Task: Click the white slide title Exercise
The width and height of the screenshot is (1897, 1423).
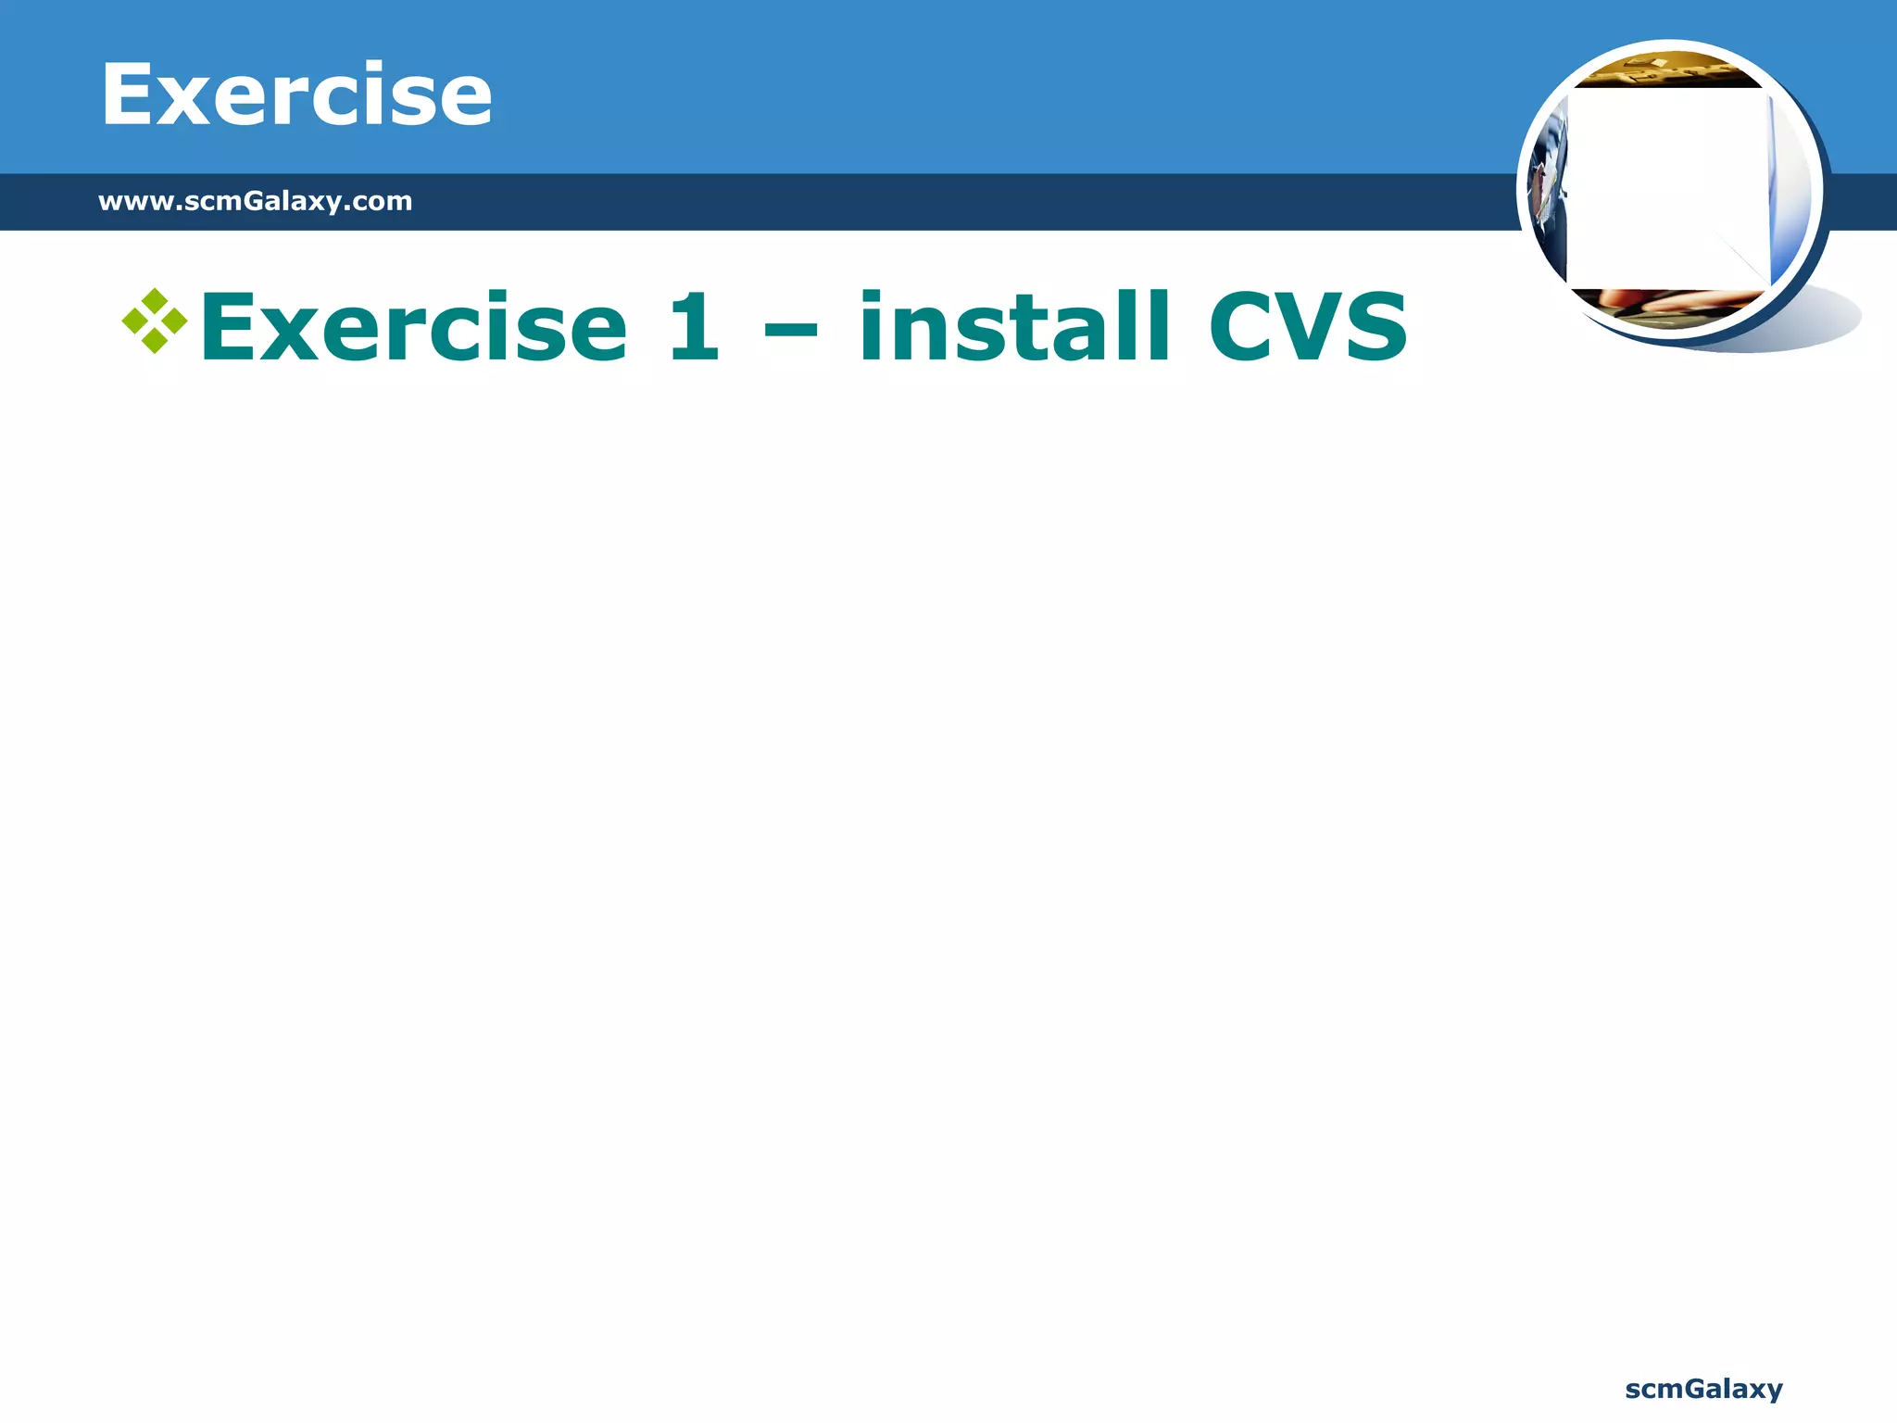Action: tap(296, 94)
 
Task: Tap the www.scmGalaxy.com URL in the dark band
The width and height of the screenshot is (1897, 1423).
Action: tap(255, 201)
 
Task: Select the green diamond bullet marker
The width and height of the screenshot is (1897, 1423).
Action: tap(155, 321)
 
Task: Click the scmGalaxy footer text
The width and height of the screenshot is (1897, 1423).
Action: tap(1703, 1389)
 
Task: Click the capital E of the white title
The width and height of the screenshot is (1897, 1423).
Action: tap(130, 94)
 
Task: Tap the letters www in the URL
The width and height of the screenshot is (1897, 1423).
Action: tap(134, 201)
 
